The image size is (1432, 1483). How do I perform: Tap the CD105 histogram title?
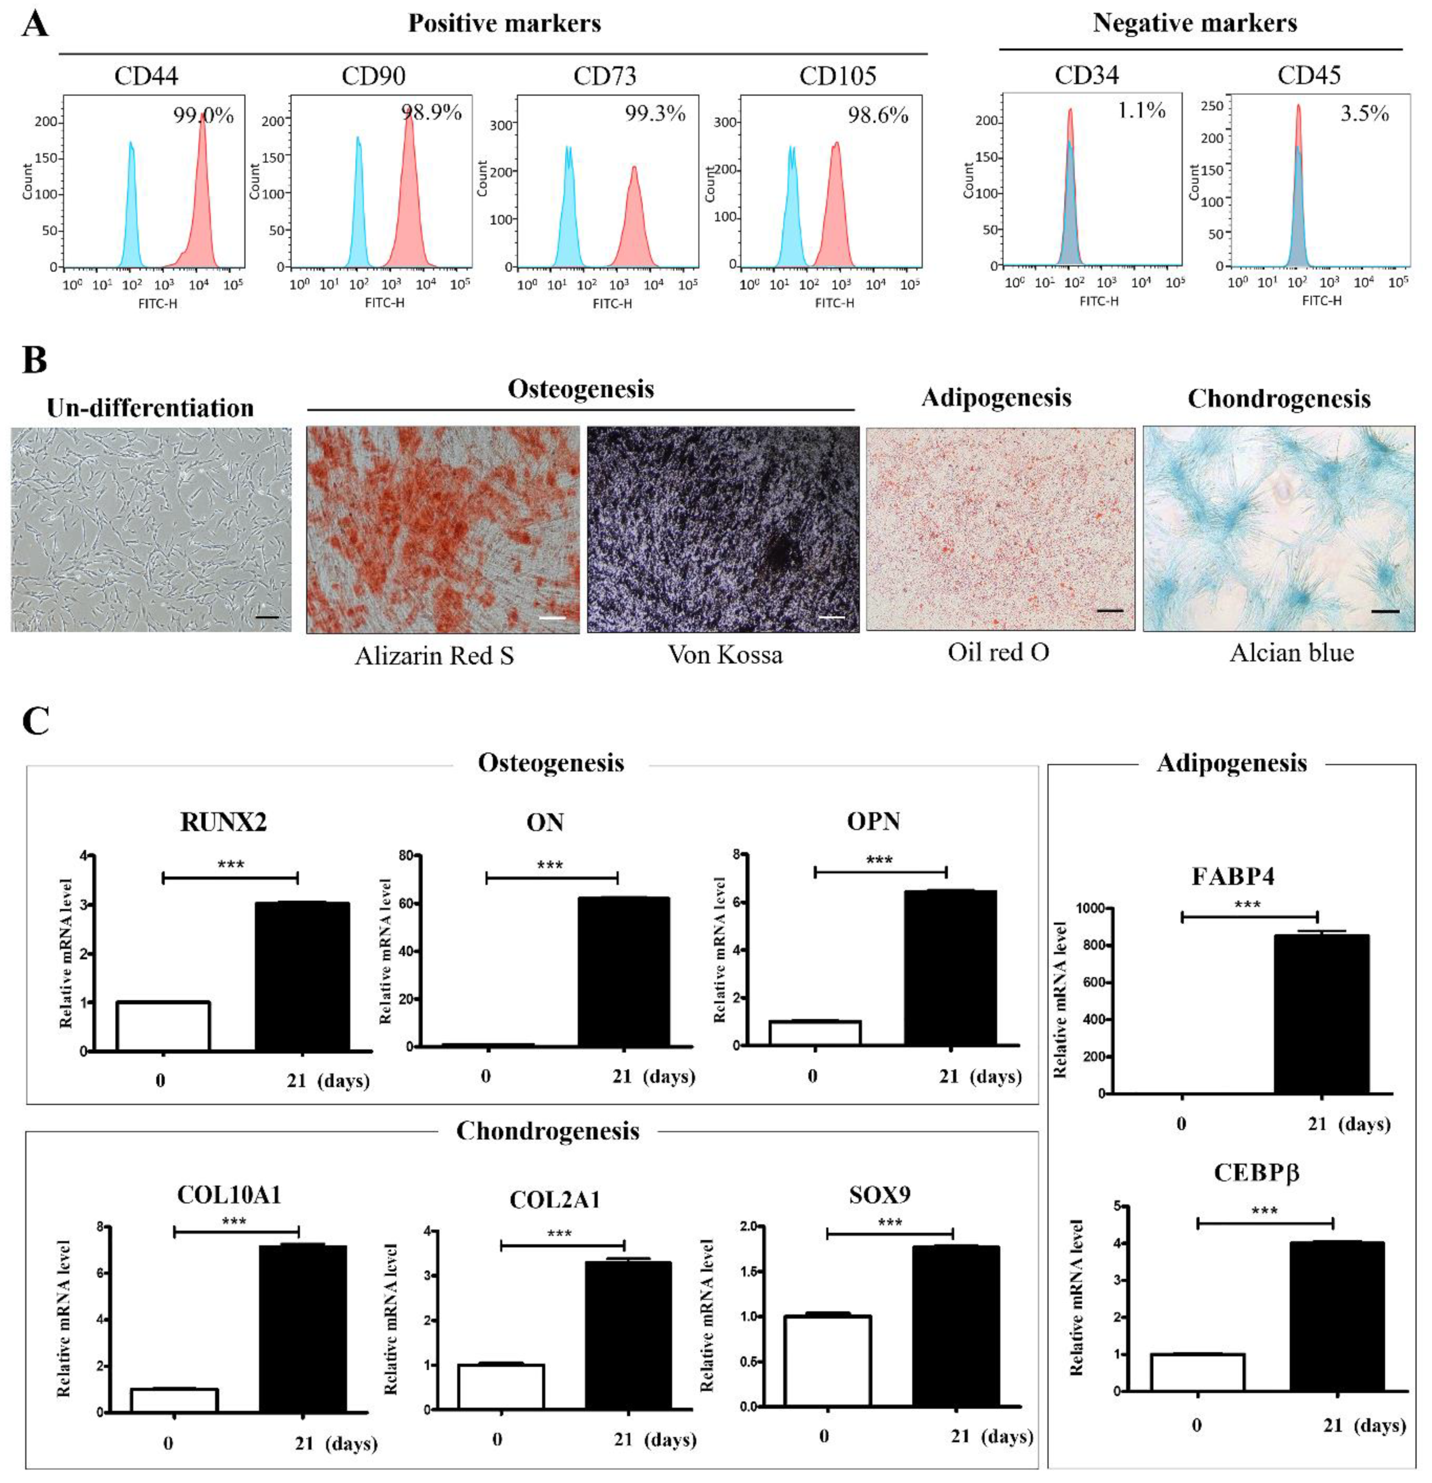(838, 76)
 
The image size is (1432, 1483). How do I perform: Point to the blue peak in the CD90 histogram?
(358, 212)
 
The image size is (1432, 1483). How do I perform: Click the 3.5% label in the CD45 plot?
(1364, 114)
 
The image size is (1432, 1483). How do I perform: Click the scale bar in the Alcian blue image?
(1384, 610)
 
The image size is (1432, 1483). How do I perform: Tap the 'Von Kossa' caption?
(725, 654)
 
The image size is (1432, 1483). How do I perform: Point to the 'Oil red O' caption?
(998, 652)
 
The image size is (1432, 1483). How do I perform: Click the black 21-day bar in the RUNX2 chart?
(302, 976)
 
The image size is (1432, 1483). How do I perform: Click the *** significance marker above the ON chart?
(550, 865)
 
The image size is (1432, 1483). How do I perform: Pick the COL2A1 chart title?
(554, 1200)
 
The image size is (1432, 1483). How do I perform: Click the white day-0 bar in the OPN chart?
(815, 1033)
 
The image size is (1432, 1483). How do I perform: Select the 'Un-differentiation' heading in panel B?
(150, 408)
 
